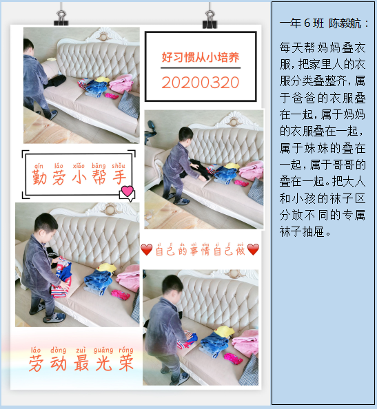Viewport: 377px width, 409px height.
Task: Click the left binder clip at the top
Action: click(61, 18)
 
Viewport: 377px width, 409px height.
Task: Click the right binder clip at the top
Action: click(210, 19)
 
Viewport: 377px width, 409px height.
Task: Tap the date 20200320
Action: click(201, 83)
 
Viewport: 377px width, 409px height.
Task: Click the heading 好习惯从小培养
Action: click(201, 57)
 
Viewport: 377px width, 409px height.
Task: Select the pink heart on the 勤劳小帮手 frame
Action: click(128, 191)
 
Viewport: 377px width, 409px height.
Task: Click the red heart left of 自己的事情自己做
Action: click(147, 250)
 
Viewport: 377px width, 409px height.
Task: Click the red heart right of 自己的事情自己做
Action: click(253, 250)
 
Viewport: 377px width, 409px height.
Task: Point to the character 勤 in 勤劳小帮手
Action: click(40, 178)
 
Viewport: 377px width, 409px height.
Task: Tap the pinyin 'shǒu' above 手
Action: click(119, 166)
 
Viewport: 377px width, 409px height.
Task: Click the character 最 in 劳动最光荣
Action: click(81, 363)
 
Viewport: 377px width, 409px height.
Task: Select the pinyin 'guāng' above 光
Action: click(103, 350)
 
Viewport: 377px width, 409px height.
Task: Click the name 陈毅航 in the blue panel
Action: click(345, 23)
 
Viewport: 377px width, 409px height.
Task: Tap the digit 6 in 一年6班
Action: click(307, 23)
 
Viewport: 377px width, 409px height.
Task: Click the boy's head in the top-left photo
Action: click(28, 47)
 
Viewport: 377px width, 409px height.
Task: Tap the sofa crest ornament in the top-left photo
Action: click(103, 36)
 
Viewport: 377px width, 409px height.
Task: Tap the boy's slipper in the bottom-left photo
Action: click(54, 317)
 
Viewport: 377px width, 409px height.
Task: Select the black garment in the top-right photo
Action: click(198, 169)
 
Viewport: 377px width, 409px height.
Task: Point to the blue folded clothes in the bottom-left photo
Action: click(99, 282)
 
